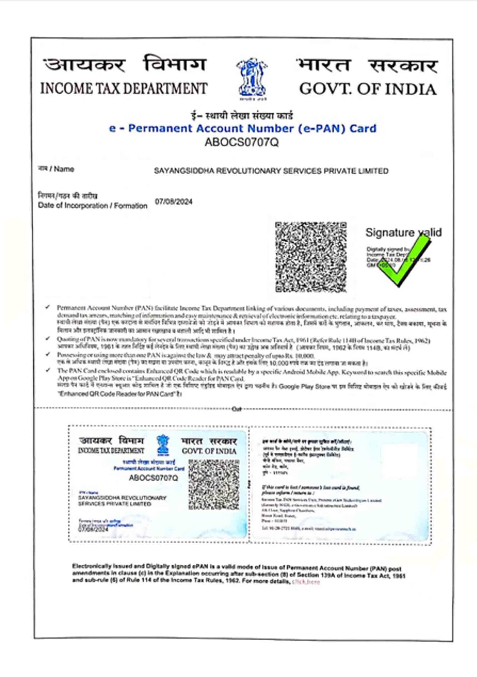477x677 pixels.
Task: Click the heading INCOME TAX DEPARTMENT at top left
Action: (x=124, y=88)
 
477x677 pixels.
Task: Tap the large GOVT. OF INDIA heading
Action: (x=367, y=89)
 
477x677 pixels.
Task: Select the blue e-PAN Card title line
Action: (x=242, y=129)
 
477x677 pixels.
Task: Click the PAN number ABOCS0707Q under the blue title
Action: (x=242, y=142)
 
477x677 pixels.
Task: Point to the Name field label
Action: (x=56, y=169)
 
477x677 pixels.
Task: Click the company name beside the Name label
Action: (x=271, y=171)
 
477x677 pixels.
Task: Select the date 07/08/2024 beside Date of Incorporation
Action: (x=174, y=202)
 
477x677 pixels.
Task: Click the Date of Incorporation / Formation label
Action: (x=92, y=206)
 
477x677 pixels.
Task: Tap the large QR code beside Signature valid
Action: (x=310, y=257)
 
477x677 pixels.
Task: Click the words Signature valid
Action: (x=403, y=233)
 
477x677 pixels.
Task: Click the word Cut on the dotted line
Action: (x=237, y=409)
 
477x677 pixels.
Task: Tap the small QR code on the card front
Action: (x=214, y=484)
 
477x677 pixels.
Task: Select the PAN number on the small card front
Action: (x=153, y=478)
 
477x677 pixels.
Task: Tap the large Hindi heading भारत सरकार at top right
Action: (x=367, y=66)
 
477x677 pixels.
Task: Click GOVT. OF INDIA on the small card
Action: (x=209, y=451)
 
